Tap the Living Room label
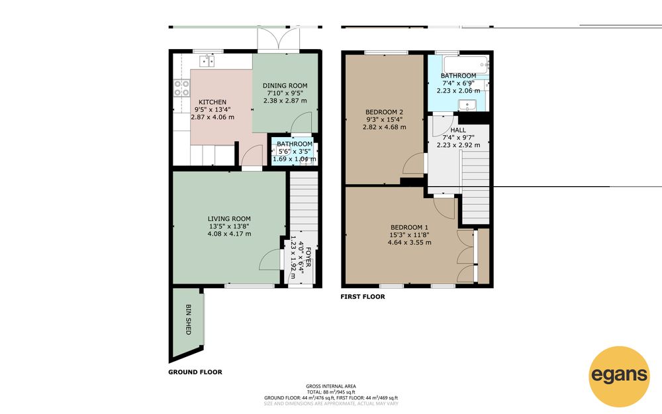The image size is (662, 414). coord(229,219)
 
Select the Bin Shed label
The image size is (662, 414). coord(189,319)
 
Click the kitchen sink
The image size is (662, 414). coord(207,61)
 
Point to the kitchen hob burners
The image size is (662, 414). coord(181,88)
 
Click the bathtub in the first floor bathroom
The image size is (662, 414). coord(466,65)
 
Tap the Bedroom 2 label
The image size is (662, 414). coord(384,112)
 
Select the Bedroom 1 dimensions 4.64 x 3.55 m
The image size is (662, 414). coord(410,242)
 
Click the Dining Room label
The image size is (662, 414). coord(285,85)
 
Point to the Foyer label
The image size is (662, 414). coord(308,257)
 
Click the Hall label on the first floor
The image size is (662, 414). coord(458,130)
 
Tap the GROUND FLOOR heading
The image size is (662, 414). coord(195,372)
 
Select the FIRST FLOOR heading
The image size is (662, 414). coord(363,297)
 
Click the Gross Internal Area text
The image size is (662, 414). coord(331,386)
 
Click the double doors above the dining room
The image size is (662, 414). coord(279,39)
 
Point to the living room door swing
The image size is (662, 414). coord(269,260)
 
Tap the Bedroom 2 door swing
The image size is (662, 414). coord(414,163)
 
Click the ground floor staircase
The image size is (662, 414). coord(304,201)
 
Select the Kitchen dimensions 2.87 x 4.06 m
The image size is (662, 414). coord(213,117)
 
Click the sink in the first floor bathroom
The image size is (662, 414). coord(467,105)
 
